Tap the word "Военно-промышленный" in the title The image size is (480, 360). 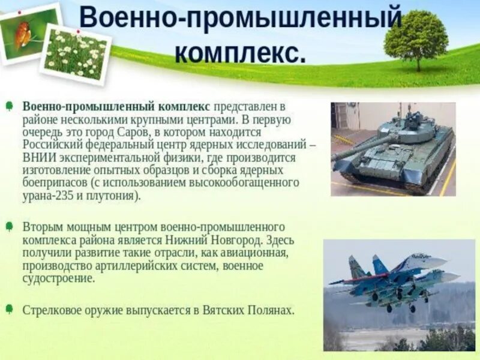(240, 18)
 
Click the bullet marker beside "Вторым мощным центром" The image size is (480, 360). (9, 227)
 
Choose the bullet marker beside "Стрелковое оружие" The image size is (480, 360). (9, 310)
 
